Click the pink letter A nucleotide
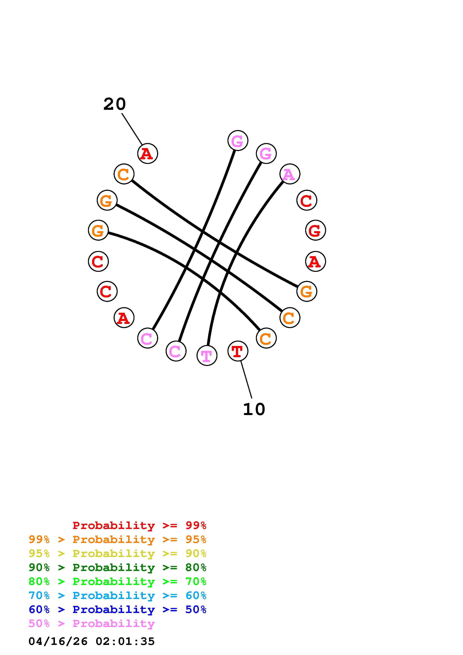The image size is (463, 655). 289,174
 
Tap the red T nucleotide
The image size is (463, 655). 238,351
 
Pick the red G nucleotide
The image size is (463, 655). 315,230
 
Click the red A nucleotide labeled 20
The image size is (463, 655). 148,153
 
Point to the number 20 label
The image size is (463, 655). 114,104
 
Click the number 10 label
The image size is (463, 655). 254,409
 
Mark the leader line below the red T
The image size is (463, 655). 246,379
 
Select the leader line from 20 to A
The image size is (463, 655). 132,129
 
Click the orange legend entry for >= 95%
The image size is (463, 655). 117,539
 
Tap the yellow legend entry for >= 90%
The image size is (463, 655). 117,553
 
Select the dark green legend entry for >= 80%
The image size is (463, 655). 117,567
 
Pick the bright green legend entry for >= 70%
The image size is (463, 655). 117,581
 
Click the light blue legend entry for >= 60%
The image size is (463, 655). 117,595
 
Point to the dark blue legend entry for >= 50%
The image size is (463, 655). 117,609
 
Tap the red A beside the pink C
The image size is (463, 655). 124,318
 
